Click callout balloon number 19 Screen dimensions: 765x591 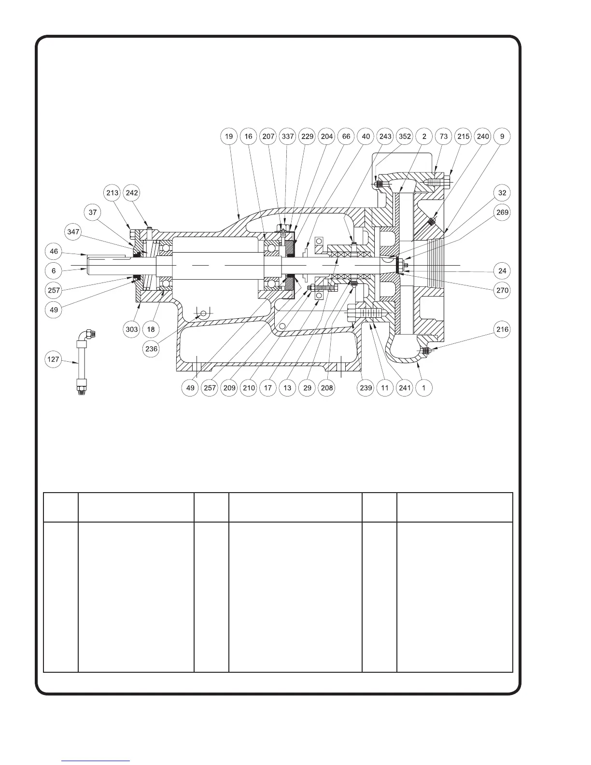coord(229,137)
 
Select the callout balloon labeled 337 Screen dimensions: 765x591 coord(288,137)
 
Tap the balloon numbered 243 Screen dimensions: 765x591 coord(385,137)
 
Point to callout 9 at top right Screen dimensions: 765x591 coord(502,137)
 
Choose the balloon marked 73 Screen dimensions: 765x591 coord(444,137)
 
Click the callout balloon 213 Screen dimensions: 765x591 coord(112,193)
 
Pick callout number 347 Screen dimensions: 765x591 coord(73,232)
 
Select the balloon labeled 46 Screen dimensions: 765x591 coord(54,252)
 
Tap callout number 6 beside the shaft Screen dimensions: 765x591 coord(54,270)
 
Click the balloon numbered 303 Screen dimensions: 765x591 coord(131,329)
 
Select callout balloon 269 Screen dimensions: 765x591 coord(502,212)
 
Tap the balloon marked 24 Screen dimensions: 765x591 coord(502,270)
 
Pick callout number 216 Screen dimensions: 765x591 coord(502,329)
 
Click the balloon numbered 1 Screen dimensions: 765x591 coord(424,388)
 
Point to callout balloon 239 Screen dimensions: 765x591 coord(366,388)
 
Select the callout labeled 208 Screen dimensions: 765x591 coord(327,388)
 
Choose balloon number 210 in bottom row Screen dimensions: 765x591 coord(249,388)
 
